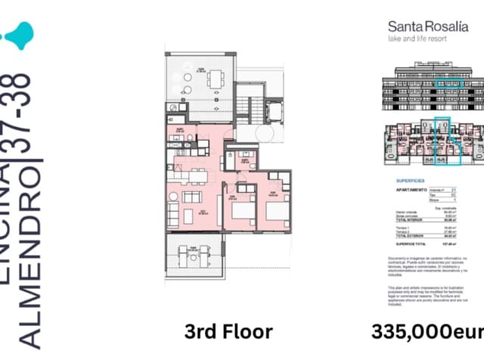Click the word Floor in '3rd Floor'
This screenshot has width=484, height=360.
click(245, 331)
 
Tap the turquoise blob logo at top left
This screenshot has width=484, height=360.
click(19, 34)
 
